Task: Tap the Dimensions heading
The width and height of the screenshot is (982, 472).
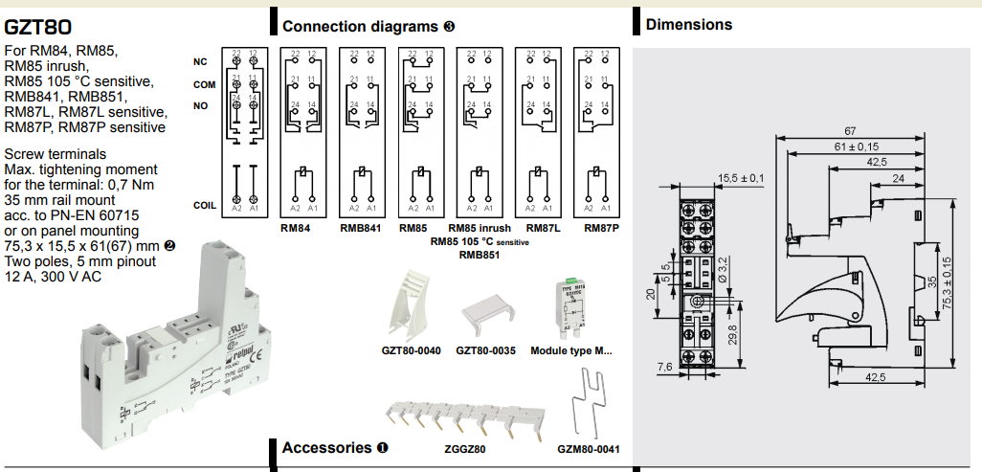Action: (x=688, y=25)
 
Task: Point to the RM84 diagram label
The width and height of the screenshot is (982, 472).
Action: (x=297, y=229)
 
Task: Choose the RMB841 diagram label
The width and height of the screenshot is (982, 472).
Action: (x=360, y=229)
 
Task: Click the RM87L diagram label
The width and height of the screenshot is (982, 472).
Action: (x=543, y=229)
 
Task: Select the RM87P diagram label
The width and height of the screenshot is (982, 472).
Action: (x=602, y=229)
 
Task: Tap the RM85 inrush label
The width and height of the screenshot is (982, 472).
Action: (x=480, y=229)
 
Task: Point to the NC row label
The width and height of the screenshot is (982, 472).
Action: (x=200, y=62)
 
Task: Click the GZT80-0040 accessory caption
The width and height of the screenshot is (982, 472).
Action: (x=412, y=350)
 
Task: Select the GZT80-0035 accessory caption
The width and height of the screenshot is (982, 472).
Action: (x=486, y=350)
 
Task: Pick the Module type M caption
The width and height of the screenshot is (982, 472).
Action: (x=570, y=350)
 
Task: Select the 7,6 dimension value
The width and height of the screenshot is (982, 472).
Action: (x=664, y=367)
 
